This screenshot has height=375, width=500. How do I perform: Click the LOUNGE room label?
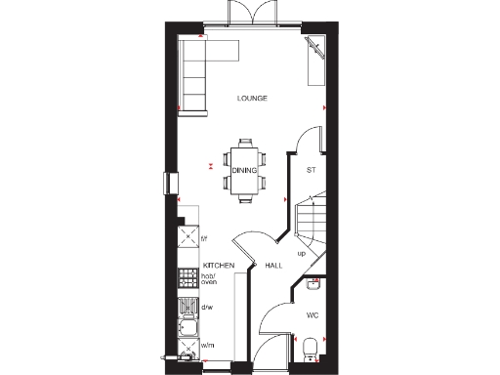(x=251, y=99)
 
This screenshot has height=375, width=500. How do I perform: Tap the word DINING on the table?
(x=244, y=171)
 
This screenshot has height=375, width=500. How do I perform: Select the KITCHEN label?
(x=218, y=266)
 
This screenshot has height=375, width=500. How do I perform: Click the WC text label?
(x=312, y=315)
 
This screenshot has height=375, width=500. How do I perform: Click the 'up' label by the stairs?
(x=301, y=253)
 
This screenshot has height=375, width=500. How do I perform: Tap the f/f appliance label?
(x=205, y=238)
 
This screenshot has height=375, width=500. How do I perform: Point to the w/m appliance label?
(x=207, y=345)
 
